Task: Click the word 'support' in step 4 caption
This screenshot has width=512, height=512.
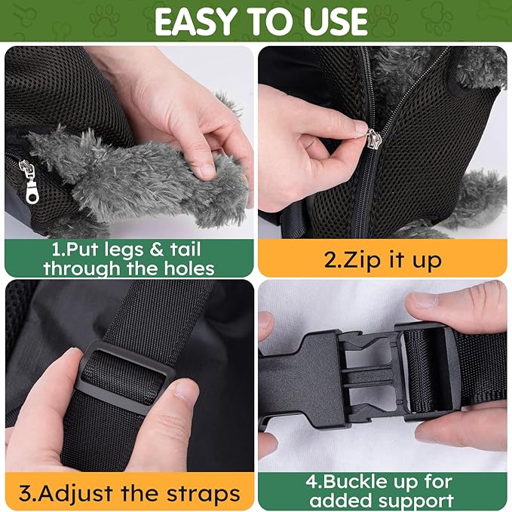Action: [x=414, y=499]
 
